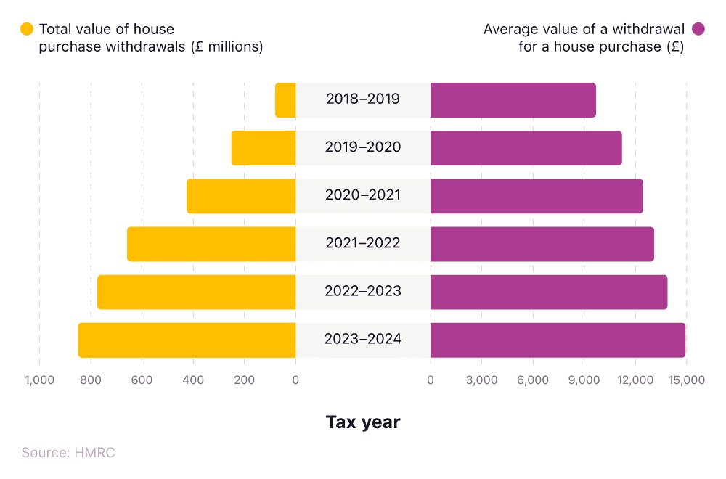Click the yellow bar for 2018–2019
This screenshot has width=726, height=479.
click(x=286, y=100)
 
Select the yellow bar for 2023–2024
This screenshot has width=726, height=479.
click(x=187, y=340)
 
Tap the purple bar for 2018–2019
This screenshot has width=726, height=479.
click(x=513, y=100)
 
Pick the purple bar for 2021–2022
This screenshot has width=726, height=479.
click(x=542, y=244)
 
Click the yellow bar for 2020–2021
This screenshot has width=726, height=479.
click(x=241, y=196)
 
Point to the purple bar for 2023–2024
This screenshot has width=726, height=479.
click(x=558, y=340)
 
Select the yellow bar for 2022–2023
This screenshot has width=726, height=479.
click(x=197, y=292)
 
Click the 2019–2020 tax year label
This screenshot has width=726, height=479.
click(x=363, y=147)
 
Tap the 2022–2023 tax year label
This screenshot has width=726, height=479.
click(x=363, y=292)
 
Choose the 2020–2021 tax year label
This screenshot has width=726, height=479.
click(x=363, y=196)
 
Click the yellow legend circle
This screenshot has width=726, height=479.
click(x=27, y=30)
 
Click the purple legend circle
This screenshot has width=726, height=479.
click(x=698, y=30)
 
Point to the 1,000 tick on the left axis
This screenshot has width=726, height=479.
click(x=39, y=380)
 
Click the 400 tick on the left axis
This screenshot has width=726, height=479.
click(x=193, y=380)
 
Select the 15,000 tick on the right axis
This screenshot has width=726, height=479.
click(x=686, y=380)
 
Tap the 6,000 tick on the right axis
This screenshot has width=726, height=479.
click(x=533, y=380)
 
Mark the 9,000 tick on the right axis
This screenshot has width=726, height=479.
click(x=584, y=380)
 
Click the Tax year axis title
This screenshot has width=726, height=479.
click(x=362, y=422)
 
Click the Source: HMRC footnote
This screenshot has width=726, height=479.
click(x=68, y=453)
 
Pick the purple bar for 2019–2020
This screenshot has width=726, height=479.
click(x=526, y=148)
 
